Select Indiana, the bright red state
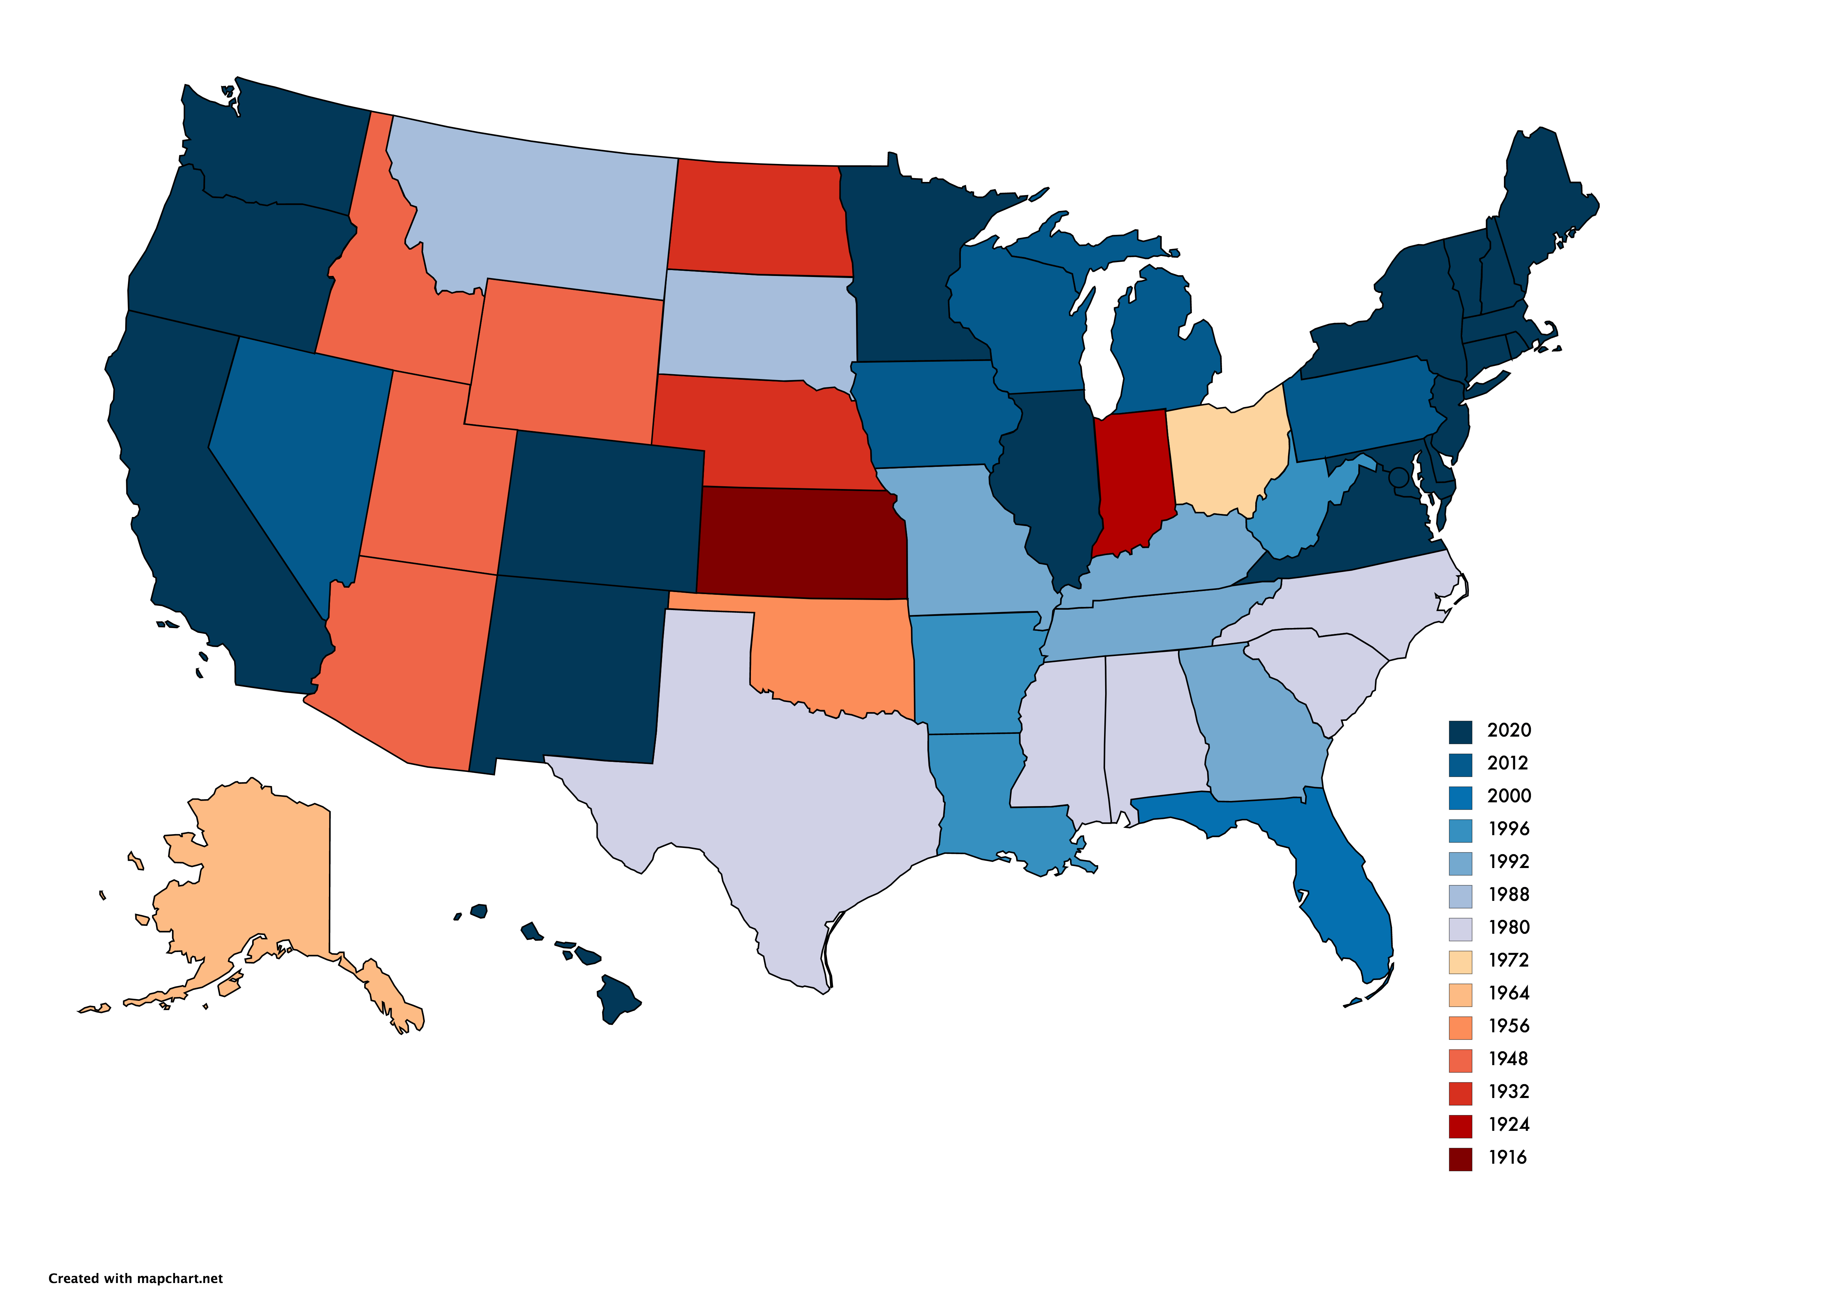(1131, 481)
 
